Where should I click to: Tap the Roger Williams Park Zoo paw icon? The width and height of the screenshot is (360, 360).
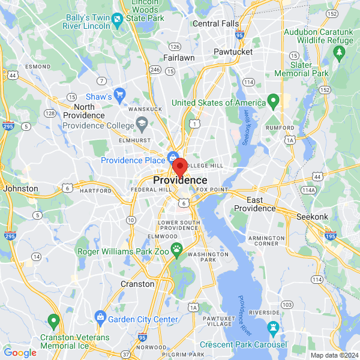[x=177, y=248]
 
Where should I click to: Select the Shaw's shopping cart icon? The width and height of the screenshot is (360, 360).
[x=119, y=94]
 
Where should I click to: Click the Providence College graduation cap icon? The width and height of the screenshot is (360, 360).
[x=142, y=124]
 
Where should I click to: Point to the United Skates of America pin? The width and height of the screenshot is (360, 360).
[x=274, y=100]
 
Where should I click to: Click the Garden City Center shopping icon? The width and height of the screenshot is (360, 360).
[x=100, y=316]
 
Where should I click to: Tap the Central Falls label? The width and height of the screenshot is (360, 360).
[x=215, y=23]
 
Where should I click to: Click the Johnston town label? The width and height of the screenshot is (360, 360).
[x=20, y=188]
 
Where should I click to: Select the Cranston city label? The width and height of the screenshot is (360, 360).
[x=137, y=284]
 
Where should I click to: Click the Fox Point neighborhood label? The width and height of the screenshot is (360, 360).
[x=212, y=190]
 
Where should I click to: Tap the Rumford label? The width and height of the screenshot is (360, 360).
[x=281, y=128]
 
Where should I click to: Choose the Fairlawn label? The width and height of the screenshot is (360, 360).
[x=178, y=58]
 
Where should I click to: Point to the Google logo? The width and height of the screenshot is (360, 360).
[x=20, y=353]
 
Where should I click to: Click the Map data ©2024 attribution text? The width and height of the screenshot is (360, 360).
[x=334, y=355]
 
